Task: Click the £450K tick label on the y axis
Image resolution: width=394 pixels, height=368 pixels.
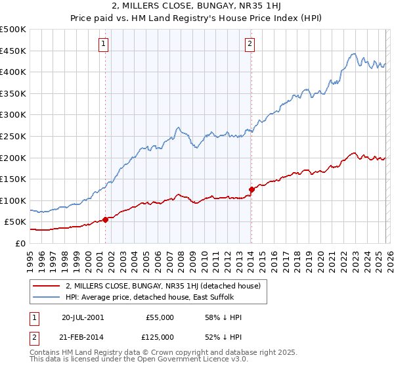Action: point(13,51)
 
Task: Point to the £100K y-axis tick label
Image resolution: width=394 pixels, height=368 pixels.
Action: point(13,200)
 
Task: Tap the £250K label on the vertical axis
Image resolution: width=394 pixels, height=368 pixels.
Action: point(13,136)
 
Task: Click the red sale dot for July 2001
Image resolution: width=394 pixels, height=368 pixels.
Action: point(106,219)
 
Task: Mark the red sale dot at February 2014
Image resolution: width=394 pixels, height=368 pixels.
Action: point(252,189)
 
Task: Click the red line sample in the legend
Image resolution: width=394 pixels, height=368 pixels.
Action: point(46,286)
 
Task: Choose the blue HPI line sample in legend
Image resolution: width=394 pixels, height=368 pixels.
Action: point(46,298)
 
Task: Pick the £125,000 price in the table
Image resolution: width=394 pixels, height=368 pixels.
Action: point(160,336)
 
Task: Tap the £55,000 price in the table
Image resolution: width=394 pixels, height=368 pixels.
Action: point(160,317)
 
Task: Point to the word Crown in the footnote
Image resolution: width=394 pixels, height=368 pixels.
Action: point(169,354)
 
